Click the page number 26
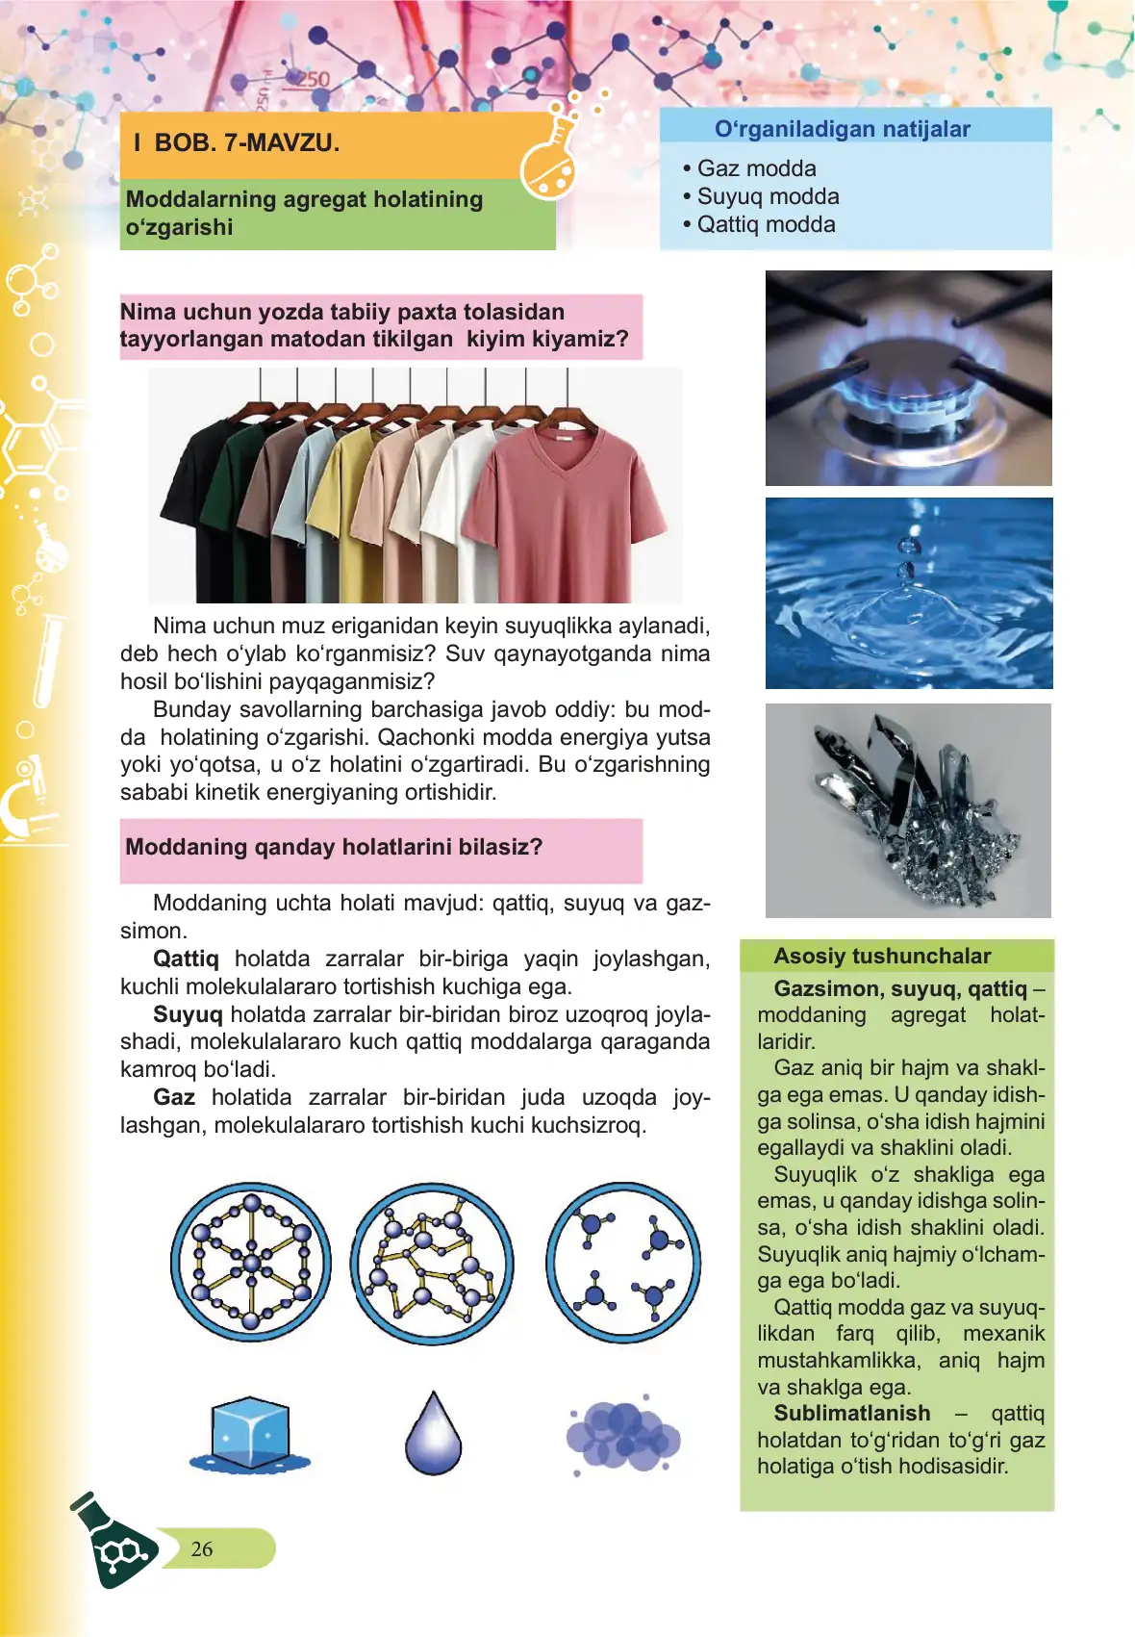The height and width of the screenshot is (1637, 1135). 202,1548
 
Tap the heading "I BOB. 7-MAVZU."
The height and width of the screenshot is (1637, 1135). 237,143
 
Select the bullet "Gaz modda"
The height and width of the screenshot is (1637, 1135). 756,168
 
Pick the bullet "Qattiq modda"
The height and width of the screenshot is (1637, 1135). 766,224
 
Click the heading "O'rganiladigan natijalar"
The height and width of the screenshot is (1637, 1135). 842,129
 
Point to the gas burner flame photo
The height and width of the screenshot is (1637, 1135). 908,378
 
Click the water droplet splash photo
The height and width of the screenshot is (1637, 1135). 908,593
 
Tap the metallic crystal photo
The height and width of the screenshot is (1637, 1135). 908,810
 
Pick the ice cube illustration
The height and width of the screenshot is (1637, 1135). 250,1435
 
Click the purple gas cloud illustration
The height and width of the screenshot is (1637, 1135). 622,1434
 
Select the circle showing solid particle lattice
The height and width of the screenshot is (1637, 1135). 251,1262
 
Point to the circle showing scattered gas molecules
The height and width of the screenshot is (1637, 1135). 623,1262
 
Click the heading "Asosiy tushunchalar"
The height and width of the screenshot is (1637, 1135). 882,956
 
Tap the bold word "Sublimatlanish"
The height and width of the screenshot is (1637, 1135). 852,1413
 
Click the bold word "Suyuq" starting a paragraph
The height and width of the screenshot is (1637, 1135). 188,1014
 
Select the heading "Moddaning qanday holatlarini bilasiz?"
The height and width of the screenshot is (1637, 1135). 334,847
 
